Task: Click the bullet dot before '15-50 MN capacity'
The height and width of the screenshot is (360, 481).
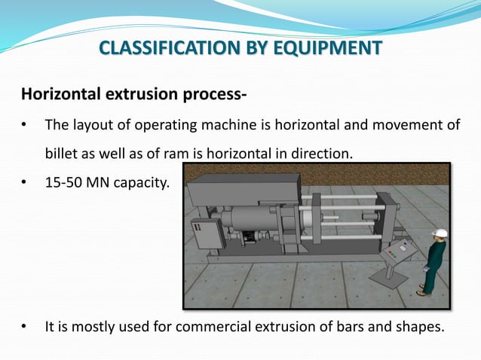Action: (x=25, y=182)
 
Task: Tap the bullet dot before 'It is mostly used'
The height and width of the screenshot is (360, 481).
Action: (x=25, y=328)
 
